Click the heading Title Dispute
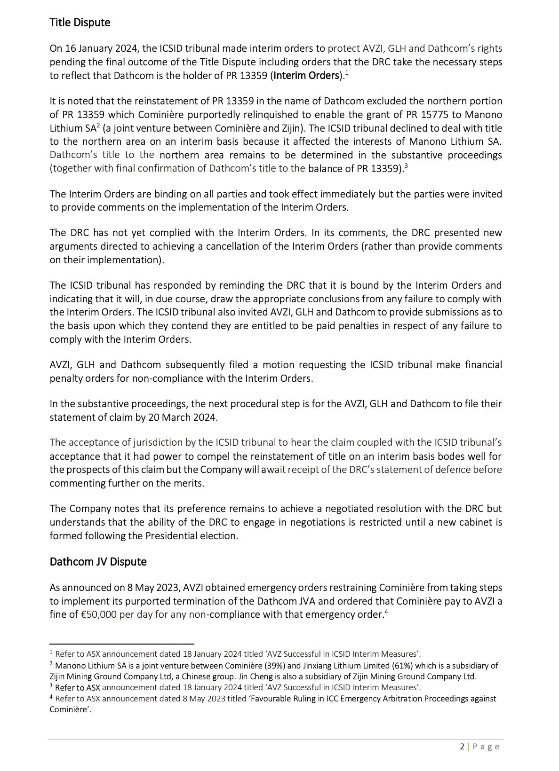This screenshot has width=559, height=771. pos(80,23)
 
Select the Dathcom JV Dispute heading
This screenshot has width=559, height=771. pos(98,562)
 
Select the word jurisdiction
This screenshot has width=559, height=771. pos(158,442)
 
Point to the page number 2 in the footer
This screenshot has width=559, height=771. pos(462,747)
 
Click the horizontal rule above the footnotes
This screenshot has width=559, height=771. pos(122,644)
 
